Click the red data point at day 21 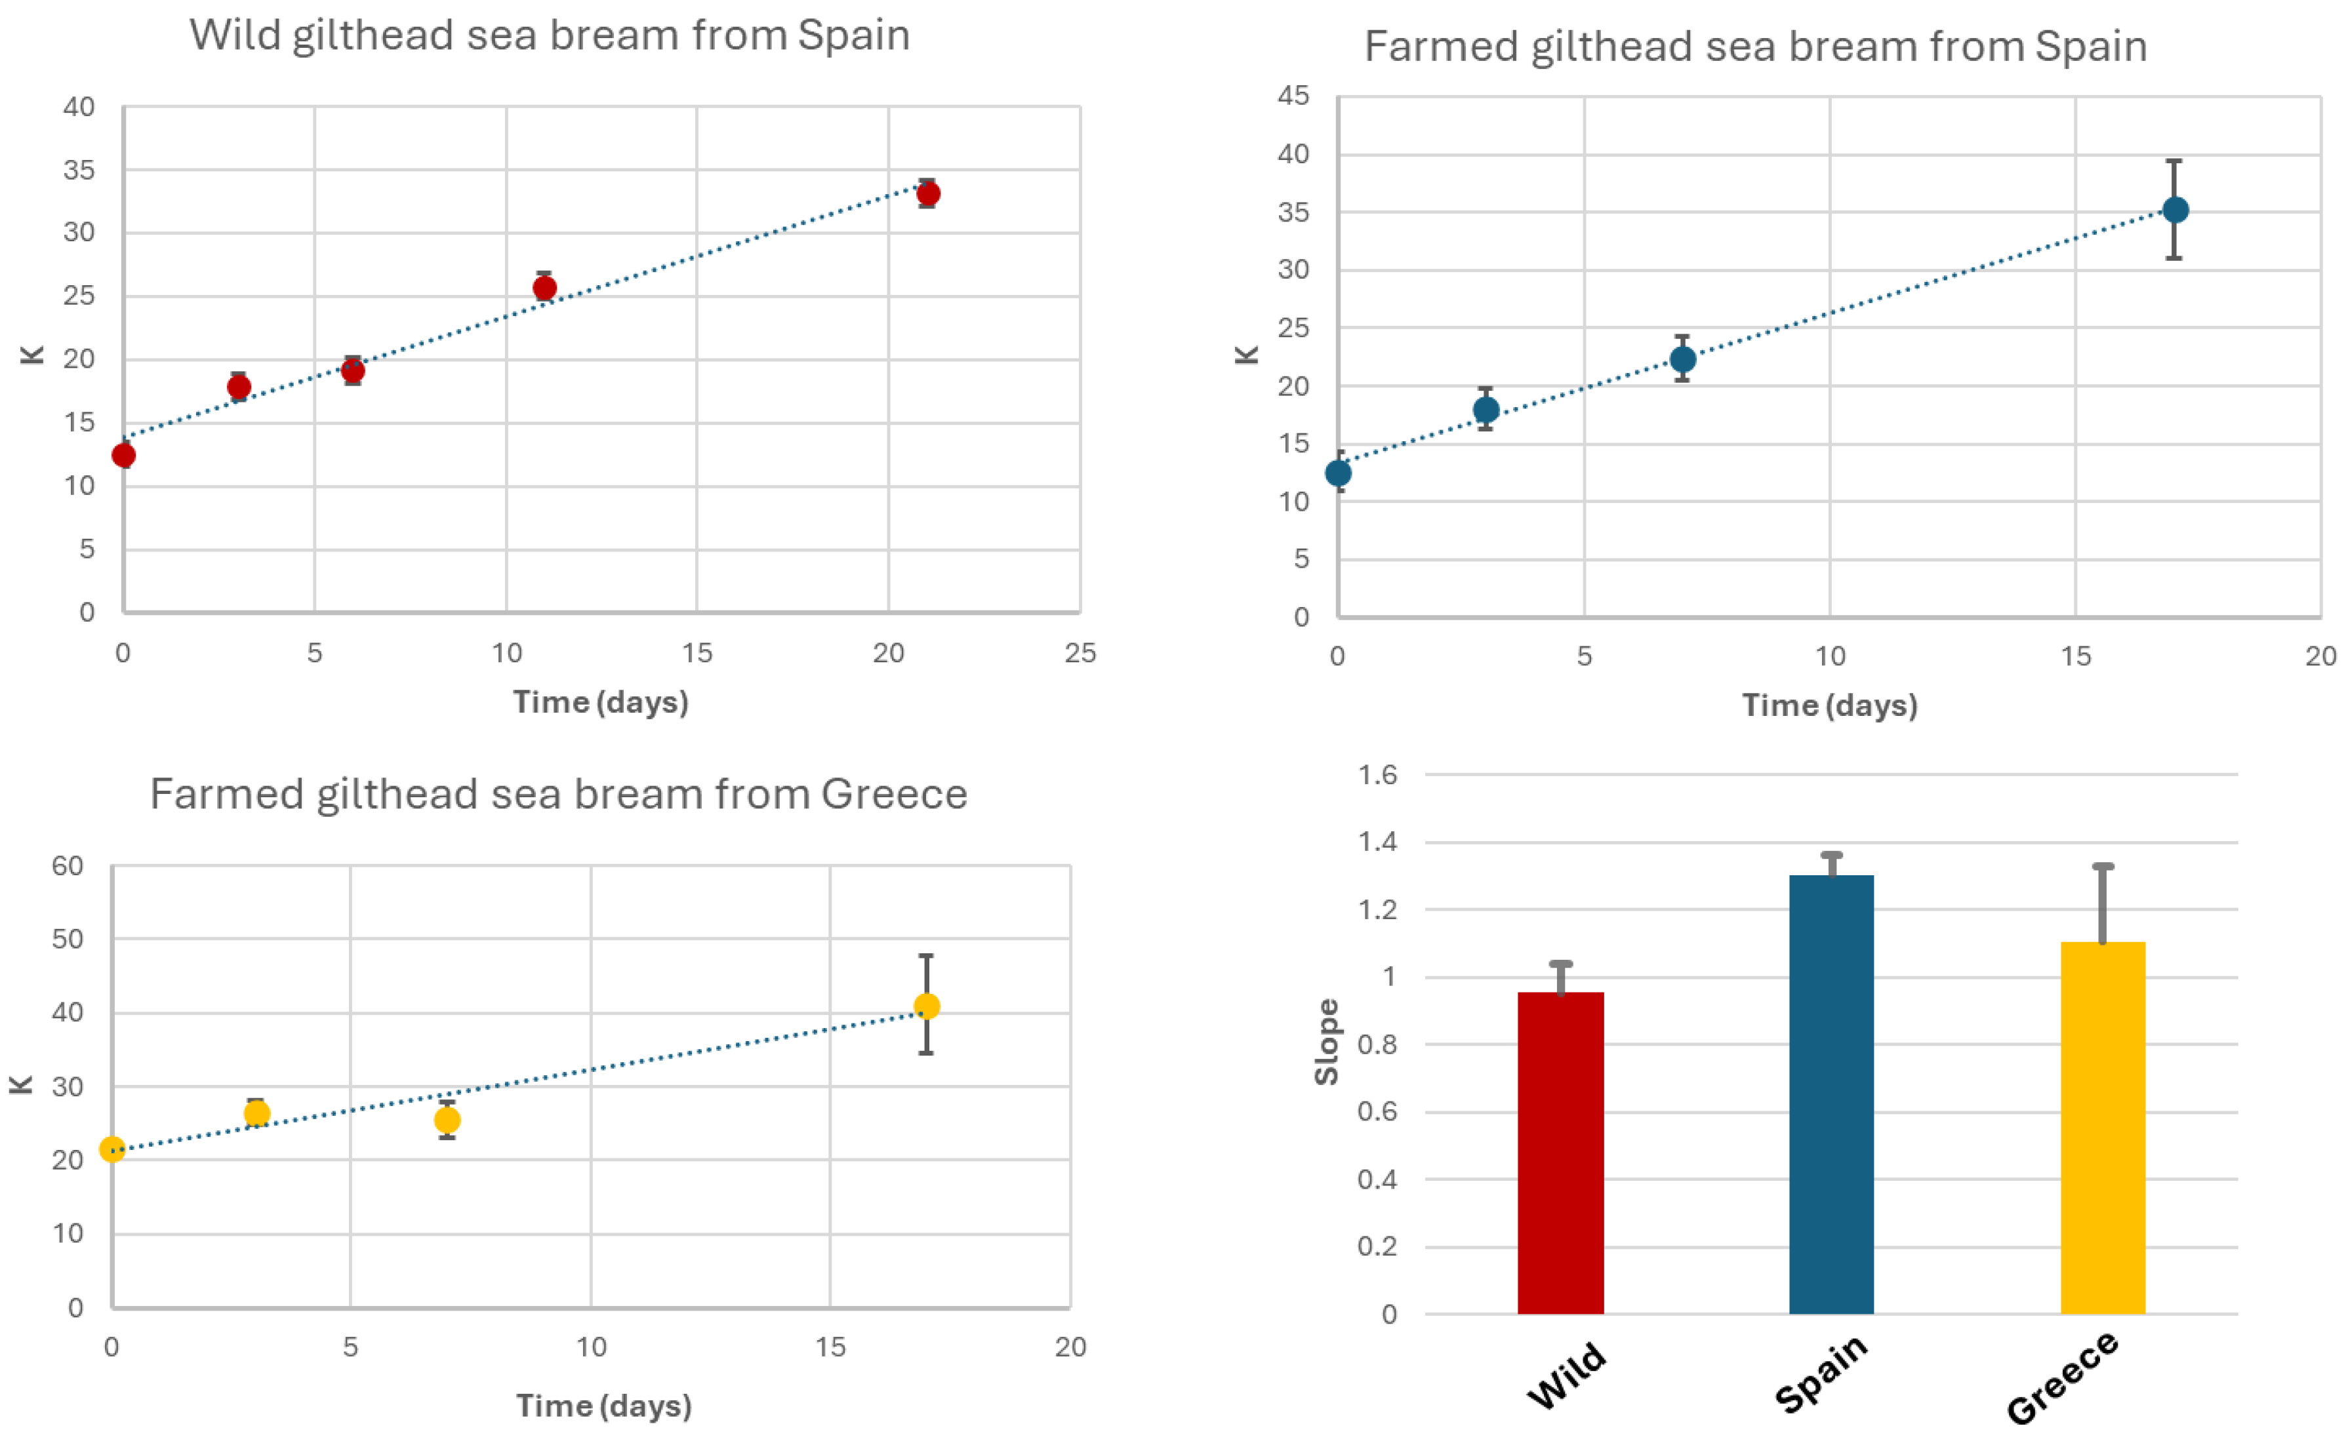coord(928,194)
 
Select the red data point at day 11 coord(544,288)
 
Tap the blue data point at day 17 coord(2176,210)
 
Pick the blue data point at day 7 coord(1683,360)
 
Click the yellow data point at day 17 coord(926,1006)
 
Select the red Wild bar coord(1560,1155)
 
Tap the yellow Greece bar coord(2103,1131)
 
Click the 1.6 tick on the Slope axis coord(1377,775)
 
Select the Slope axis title coord(1327,1042)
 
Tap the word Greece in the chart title coord(893,794)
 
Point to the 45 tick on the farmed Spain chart coord(1293,96)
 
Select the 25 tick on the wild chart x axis coord(1080,654)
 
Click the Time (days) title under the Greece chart coord(603,1406)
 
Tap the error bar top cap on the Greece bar coord(2103,867)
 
